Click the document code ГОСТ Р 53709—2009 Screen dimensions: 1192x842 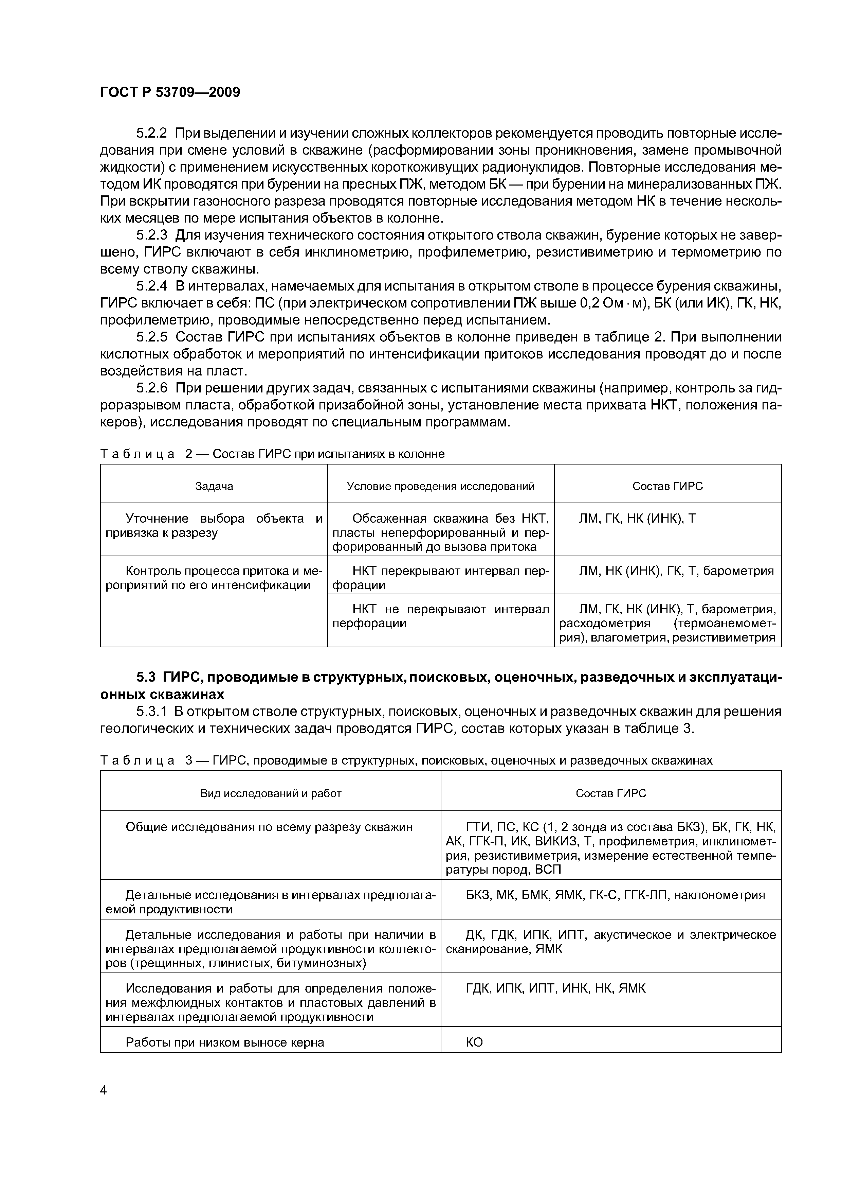[x=170, y=92]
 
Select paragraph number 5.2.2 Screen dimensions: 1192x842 [x=151, y=134]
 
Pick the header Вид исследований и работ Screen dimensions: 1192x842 [x=271, y=793]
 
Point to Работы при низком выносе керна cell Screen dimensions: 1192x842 [x=225, y=1042]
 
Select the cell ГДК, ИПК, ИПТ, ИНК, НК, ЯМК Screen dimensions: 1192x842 [x=556, y=988]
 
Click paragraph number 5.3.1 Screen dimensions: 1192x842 [x=151, y=711]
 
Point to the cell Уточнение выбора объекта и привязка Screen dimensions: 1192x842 [x=214, y=525]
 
